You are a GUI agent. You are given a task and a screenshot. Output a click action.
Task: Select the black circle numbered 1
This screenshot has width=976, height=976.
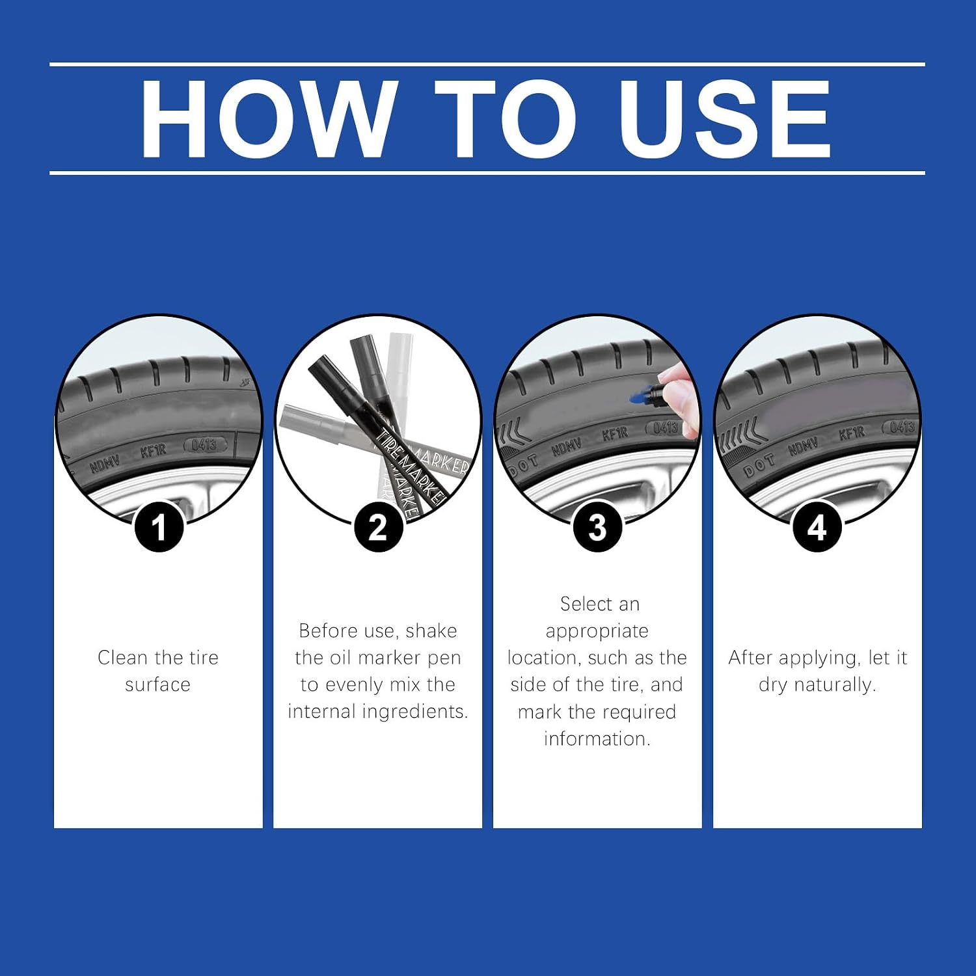pyautogui.click(x=159, y=527)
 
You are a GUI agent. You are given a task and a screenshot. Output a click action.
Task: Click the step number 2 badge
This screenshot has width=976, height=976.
pyautogui.click(x=378, y=527)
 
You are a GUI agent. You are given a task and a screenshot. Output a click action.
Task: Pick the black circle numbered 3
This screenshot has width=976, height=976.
pyautogui.click(x=597, y=527)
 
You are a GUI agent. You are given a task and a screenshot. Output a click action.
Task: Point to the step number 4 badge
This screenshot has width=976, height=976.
pyautogui.click(x=817, y=527)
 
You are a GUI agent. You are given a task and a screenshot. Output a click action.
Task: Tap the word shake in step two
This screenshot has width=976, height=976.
pyautogui.click(x=431, y=630)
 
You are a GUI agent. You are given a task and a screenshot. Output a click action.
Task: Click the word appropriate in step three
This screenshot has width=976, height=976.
pyautogui.click(x=597, y=631)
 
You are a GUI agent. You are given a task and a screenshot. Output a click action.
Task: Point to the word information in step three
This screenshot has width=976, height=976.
pyautogui.click(x=597, y=739)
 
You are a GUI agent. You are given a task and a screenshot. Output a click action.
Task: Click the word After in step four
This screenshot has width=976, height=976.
pyautogui.click(x=750, y=658)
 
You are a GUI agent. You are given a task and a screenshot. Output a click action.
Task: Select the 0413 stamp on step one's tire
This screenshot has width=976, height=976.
pyautogui.click(x=204, y=445)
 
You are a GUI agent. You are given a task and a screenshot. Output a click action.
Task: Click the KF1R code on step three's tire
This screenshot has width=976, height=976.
pyautogui.click(x=615, y=434)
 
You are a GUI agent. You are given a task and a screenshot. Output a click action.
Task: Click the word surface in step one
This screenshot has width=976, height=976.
pyautogui.click(x=158, y=685)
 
